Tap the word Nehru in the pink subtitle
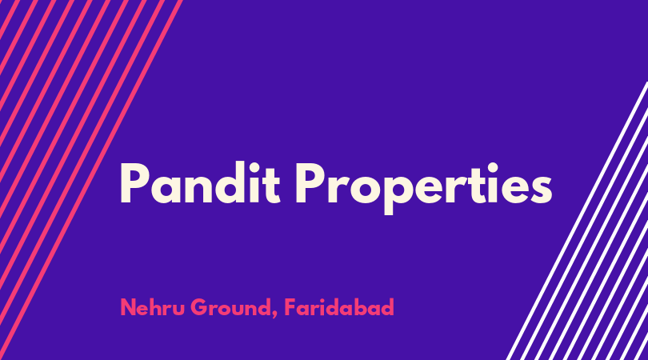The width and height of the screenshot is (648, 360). click(152, 307)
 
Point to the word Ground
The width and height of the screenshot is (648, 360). click(230, 307)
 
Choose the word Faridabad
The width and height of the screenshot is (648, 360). click(339, 307)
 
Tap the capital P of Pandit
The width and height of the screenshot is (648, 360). click(134, 183)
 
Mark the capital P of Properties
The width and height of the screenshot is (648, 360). click(308, 183)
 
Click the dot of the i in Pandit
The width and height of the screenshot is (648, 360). click(254, 166)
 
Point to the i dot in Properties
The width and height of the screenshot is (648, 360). click(493, 167)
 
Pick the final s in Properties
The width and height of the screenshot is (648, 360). click(541, 190)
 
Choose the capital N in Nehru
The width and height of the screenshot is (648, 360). click(129, 307)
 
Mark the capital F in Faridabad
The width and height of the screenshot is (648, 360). click(290, 307)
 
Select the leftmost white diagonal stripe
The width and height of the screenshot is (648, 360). click(578, 221)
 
